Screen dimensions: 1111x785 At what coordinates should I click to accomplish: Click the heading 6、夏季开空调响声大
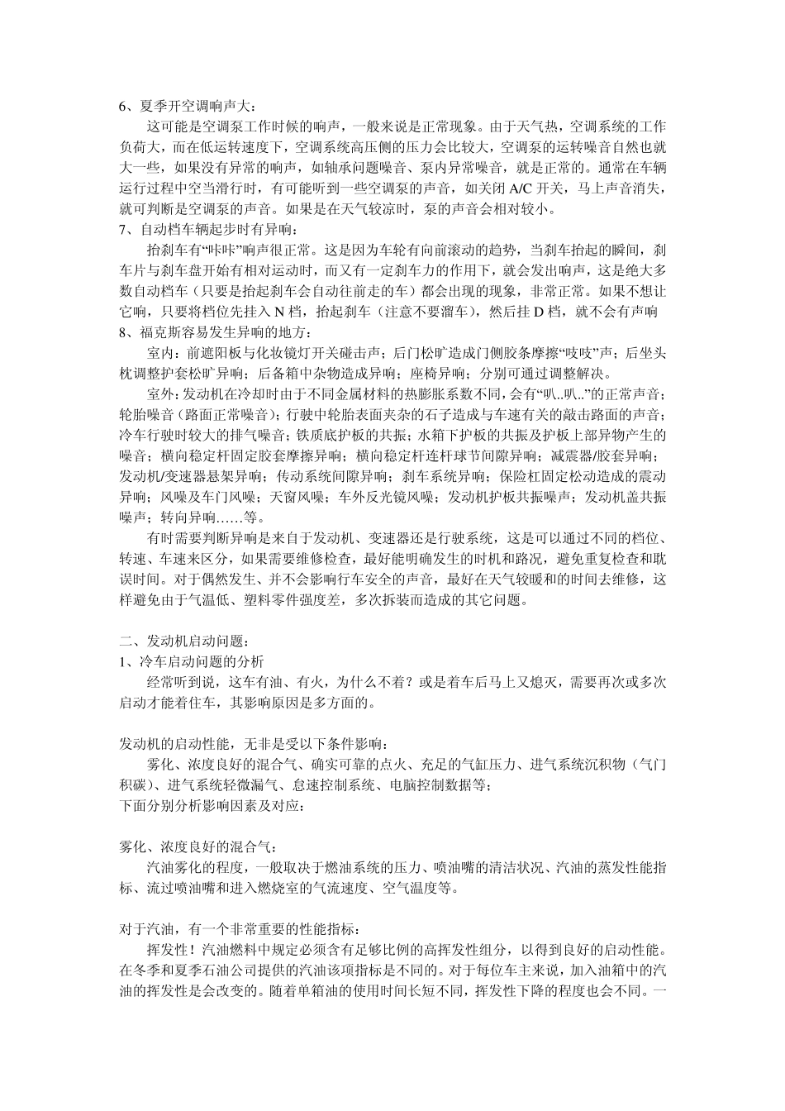point(188,106)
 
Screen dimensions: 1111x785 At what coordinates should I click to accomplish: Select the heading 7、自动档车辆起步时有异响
point(212,228)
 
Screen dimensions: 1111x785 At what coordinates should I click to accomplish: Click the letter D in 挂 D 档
point(537,311)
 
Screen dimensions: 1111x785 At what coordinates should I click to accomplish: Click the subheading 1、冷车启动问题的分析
point(192,661)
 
